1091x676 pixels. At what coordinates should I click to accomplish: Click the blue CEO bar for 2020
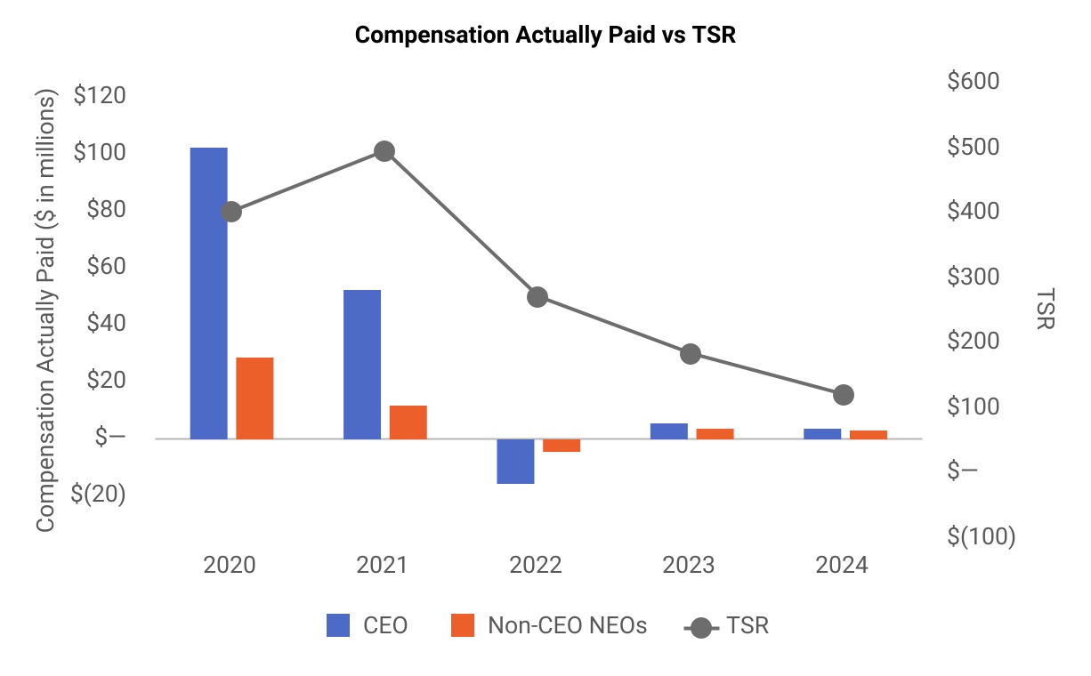pyautogui.click(x=209, y=293)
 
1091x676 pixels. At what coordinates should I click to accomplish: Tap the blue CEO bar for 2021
pyautogui.click(x=362, y=364)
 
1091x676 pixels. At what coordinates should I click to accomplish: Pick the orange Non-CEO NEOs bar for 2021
pyautogui.click(x=408, y=422)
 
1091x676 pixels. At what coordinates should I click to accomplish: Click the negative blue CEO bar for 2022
pyautogui.click(x=515, y=461)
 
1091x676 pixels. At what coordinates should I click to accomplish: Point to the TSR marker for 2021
pyautogui.click(x=384, y=151)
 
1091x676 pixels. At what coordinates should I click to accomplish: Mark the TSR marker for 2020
pyautogui.click(x=231, y=212)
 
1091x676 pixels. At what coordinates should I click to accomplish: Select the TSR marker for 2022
pyautogui.click(x=537, y=297)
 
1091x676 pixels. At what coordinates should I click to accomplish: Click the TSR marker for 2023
pyautogui.click(x=691, y=354)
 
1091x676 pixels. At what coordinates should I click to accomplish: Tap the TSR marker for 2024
pyautogui.click(x=844, y=395)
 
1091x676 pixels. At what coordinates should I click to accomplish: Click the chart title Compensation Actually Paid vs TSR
pyautogui.click(x=545, y=36)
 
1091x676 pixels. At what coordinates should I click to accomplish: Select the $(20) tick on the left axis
pyautogui.click(x=99, y=495)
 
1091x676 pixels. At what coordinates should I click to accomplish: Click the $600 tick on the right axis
pyautogui.click(x=974, y=81)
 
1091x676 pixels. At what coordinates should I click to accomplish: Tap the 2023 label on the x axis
pyautogui.click(x=689, y=566)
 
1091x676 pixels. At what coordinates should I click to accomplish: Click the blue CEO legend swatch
pyautogui.click(x=338, y=625)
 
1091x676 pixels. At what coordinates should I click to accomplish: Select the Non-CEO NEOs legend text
pyautogui.click(x=567, y=625)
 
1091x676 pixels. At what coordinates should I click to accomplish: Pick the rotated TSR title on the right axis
pyautogui.click(x=1047, y=308)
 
